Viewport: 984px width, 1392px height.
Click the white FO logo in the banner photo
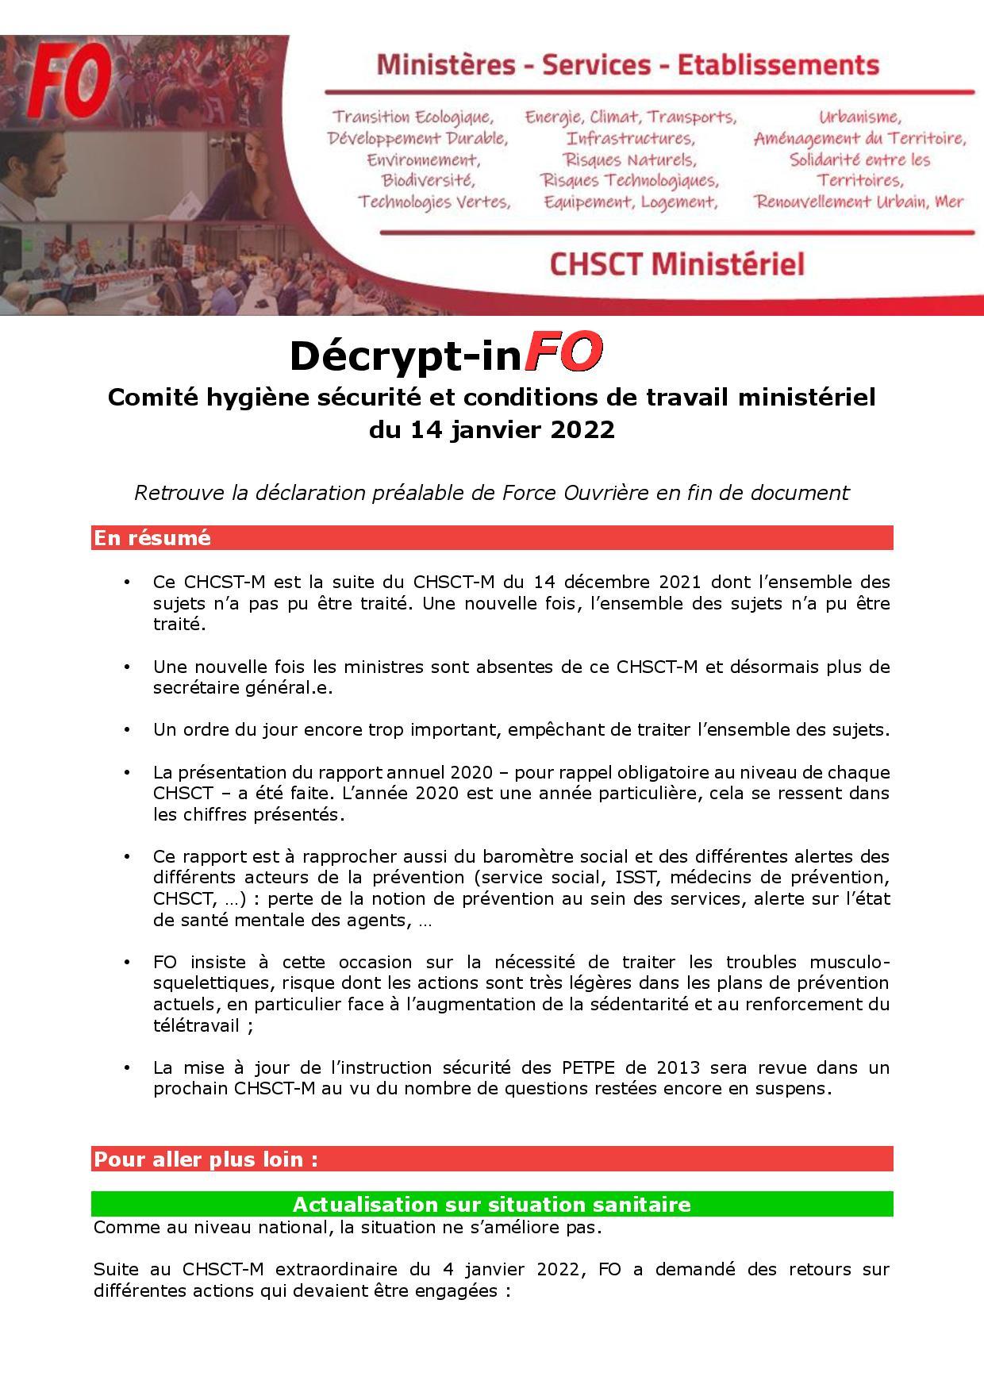tap(45, 85)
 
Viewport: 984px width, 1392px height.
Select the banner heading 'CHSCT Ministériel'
tap(676, 264)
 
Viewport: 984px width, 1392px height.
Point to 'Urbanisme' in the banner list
tap(859, 117)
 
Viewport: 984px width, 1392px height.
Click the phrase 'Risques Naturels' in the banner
tap(629, 160)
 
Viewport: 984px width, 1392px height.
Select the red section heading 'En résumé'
tap(152, 538)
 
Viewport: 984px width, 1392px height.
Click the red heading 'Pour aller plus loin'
tap(206, 1159)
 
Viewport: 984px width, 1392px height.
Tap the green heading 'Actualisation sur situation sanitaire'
tap(491, 1205)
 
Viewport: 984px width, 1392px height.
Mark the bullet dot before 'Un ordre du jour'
tap(127, 730)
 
